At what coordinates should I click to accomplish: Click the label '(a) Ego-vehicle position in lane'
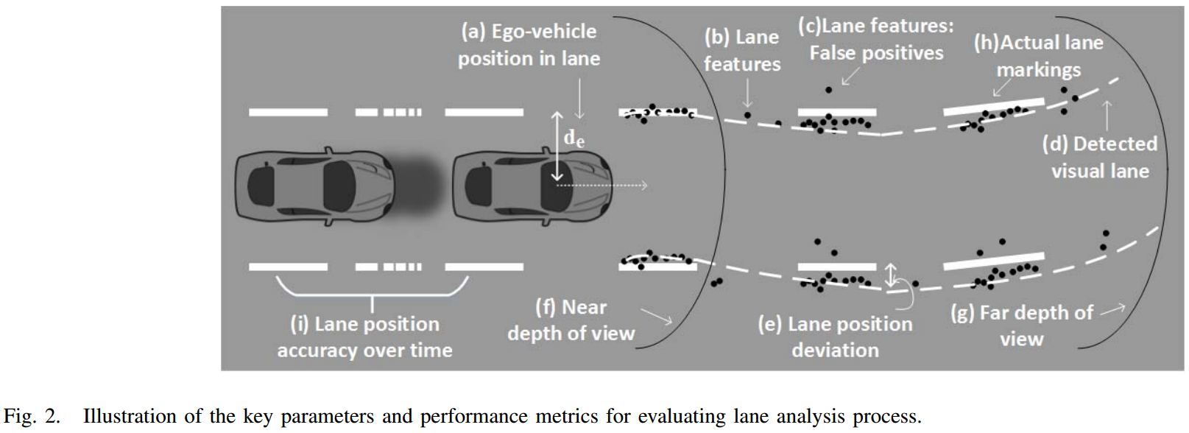529,45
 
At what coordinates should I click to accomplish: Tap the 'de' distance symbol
574,138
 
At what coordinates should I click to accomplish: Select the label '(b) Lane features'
741,50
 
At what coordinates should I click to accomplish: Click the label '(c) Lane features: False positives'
876,40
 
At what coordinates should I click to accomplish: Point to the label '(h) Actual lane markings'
1038,56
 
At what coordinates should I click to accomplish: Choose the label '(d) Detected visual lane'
1100,157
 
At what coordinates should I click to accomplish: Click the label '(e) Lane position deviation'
835,337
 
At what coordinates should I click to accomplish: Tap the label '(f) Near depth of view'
571,320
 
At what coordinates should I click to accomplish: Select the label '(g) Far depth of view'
1022,325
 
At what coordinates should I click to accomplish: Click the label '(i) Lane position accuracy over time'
364,337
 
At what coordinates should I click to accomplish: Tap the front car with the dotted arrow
530,186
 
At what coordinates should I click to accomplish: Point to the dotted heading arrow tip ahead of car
644,185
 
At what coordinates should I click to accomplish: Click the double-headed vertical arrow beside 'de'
557,146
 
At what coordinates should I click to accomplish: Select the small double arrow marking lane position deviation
891,275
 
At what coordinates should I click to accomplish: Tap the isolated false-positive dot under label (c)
828,90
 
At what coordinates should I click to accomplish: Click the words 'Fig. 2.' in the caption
32,416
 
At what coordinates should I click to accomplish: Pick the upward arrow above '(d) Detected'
1106,114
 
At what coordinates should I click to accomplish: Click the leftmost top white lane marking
288,112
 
